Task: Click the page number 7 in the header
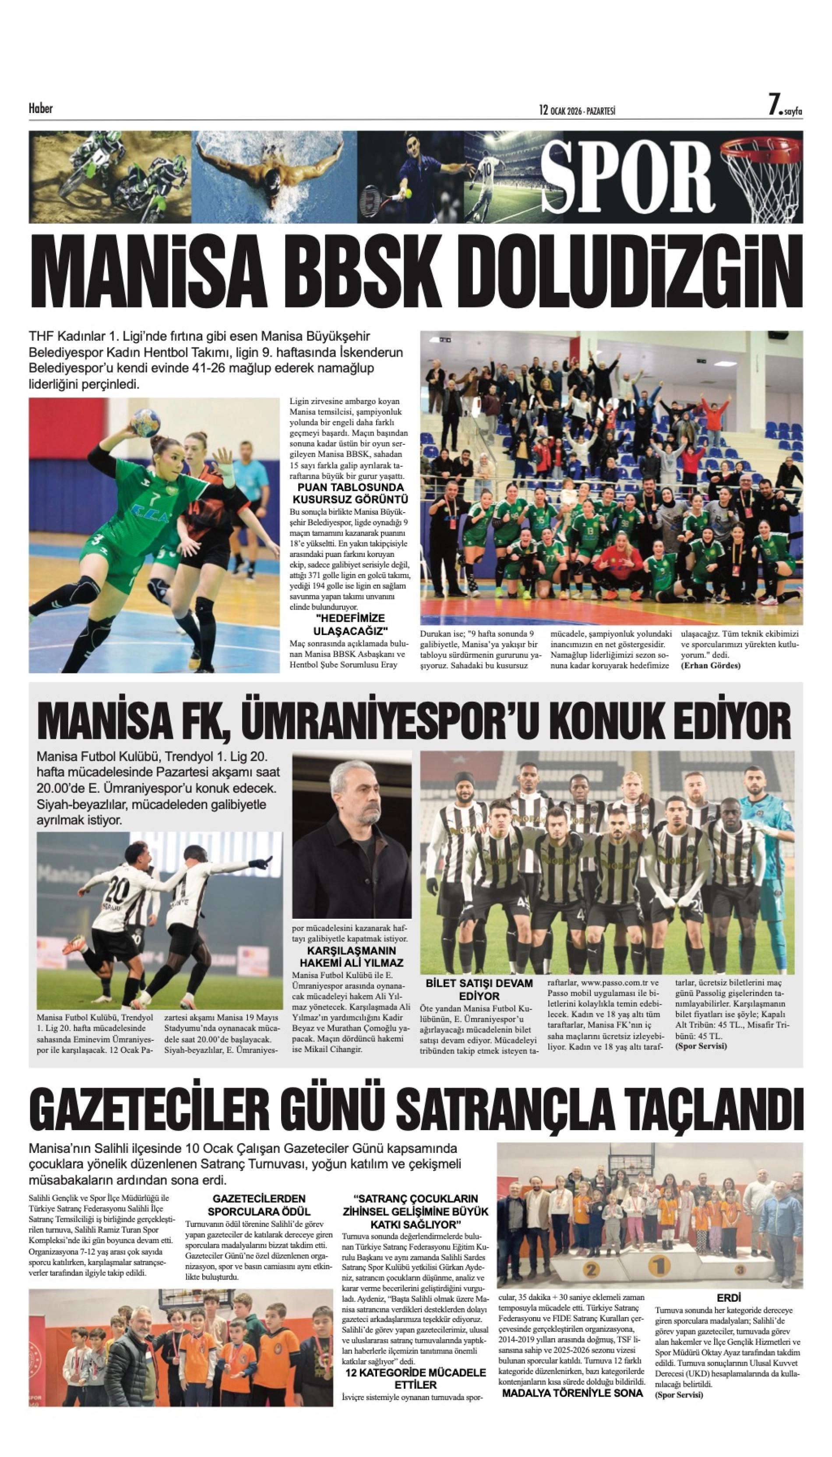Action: [x=774, y=106]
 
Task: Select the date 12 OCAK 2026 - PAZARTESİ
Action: [x=577, y=110]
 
